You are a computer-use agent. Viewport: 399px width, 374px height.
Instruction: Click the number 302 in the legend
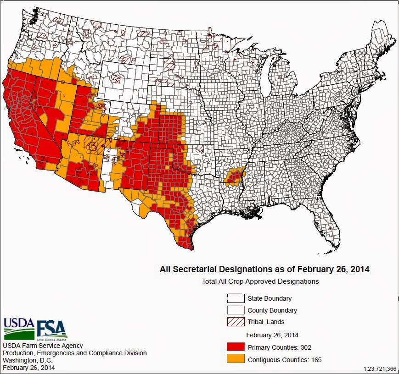(x=305, y=347)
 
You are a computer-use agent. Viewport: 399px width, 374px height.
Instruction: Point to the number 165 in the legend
(x=315, y=360)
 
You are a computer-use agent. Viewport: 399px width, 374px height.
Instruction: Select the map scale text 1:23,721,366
(x=379, y=368)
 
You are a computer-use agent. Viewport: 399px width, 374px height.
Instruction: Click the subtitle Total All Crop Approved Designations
(x=260, y=281)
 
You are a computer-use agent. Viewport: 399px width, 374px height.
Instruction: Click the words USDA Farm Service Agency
(x=43, y=346)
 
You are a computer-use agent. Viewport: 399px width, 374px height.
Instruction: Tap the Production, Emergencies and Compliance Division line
(x=75, y=353)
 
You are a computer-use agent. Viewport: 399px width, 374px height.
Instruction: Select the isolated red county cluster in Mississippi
(x=235, y=176)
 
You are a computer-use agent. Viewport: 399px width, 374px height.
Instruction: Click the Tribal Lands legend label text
(x=266, y=322)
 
